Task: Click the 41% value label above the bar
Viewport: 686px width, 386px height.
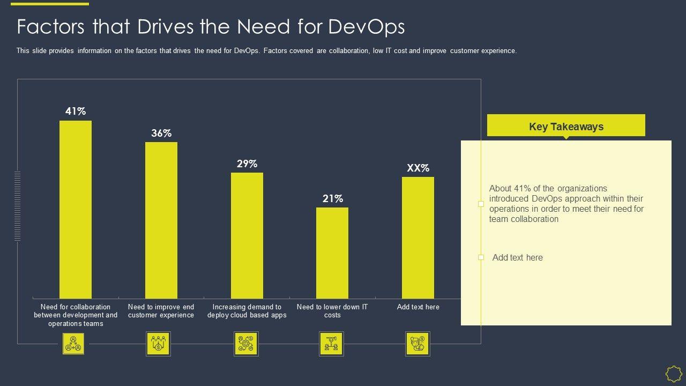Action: pyautogui.click(x=76, y=112)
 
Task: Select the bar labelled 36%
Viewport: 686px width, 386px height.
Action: pyautogui.click(x=161, y=220)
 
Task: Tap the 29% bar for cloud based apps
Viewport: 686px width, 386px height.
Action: pyautogui.click(x=247, y=235)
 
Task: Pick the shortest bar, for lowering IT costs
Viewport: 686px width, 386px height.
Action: pyautogui.click(x=332, y=253)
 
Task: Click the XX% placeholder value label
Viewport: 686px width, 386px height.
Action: pyautogui.click(x=418, y=168)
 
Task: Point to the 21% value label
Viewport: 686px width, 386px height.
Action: pyautogui.click(x=333, y=199)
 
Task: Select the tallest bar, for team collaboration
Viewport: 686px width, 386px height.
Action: pyautogui.click(x=76, y=209)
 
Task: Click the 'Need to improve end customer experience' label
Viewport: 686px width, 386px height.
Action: pyautogui.click(x=161, y=311)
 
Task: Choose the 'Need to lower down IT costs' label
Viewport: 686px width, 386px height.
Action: pyautogui.click(x=332, y=311)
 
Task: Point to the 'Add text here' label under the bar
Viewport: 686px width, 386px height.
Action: pyautogui.click(x=418, y=307)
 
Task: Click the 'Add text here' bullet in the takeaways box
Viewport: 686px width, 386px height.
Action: pyautogui.click(x=517, y=258)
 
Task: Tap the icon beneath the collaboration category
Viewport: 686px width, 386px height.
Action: pyautogui.click(x=73, y=344)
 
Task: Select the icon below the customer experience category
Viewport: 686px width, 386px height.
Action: pyautogui.click(x=158, y=344)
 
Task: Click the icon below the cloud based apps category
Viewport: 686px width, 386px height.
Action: pyautogui.click(x=246, y=344)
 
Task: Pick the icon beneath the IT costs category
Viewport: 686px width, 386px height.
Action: pyautogui.click(x=331, y=344)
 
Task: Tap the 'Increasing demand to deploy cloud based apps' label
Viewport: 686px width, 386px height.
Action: pyautogui.click(x=247, y=311)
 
